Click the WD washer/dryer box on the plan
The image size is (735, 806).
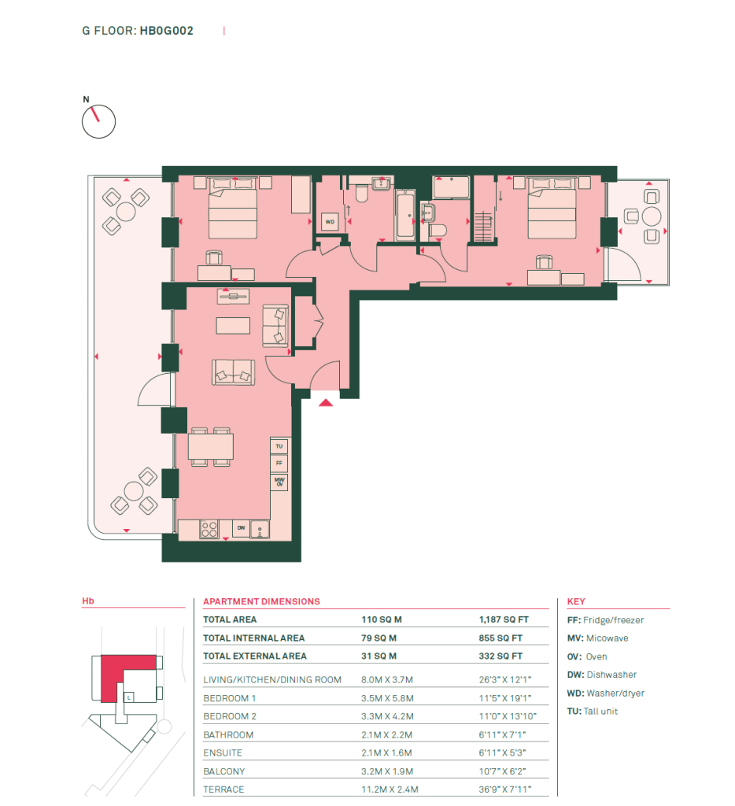click(330, 222)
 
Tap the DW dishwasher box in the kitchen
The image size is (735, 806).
click(241, 528)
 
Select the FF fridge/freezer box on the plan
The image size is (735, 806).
click(279, 463)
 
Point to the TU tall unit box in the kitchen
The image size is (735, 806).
click(279, 446)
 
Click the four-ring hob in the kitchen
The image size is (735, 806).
click(209, 530)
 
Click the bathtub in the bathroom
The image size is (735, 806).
click(405, 214)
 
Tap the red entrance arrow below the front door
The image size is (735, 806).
click(326, 402)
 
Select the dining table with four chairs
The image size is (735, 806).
click(210, 447)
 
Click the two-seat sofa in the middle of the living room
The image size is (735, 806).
click(234, 372)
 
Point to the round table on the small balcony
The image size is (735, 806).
click(652, 216)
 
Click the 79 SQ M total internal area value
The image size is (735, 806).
click(379, 638)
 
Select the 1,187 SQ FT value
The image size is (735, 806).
click(504, 619)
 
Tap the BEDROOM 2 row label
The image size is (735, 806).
click(230, 716)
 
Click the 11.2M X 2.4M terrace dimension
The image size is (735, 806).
click(390, 789)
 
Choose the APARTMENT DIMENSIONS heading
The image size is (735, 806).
click(261, 601)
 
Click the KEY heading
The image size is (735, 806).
click(576, 601)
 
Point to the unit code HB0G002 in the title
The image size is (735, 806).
click(167, 31)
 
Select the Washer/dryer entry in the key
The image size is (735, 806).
click(605, 693)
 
